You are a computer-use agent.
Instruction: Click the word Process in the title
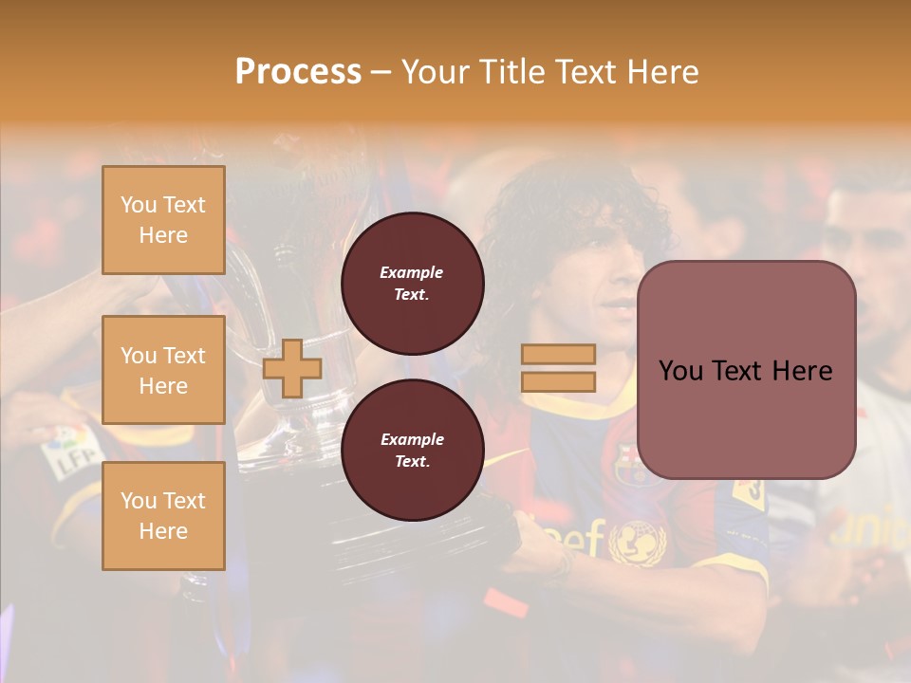pyautogui.click(x=298, y=72)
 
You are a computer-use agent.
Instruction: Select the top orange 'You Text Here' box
pyautogui.click(x=163, y=220)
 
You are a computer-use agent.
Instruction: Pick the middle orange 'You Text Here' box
pyautogui.click(x=163, y=370)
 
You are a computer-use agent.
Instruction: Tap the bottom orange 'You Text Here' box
pyautogui.click(x=163, y=516)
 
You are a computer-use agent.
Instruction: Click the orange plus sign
pyautogui.click(x=292, y=369)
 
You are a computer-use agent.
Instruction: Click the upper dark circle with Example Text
pyautogui.click(x=413, y=284)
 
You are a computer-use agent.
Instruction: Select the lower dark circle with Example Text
pyautogui.click(x=413, y=451)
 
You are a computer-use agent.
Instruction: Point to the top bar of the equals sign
pyautogui.click(x=558, y=355)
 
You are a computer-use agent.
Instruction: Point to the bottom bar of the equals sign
pyautogui.click(x=558, y=382)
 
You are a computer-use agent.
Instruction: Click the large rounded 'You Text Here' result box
pyautogui.click(x=746, y=370)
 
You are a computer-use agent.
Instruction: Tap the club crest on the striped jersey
pyautogui.click(x=628, y=462)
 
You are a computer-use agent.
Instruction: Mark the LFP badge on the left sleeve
pyautogui.click(x=68, y=450)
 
